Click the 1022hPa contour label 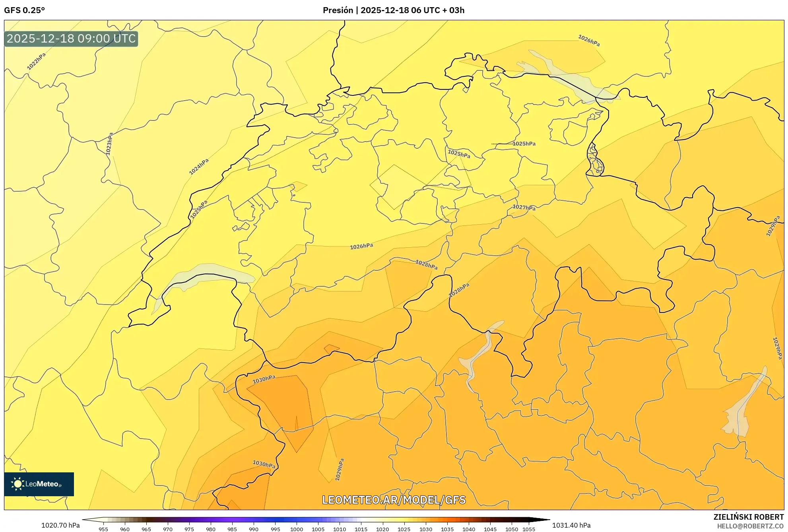(x=36, y=61)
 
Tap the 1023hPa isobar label (x=109, y=144)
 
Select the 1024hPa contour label (x=199, y=167)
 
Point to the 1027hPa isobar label (x=524, y=207)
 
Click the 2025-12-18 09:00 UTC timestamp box (x=71, y=39)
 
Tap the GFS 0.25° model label (x=24, y=10)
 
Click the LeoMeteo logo (x=39, y=484)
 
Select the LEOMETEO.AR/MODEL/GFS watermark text (x=394, y=500)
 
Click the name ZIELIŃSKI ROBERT (x=748, y=517)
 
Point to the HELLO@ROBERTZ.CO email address (x=750, y=526)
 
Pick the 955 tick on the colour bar (x=103, y=529)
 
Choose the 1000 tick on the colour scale (x=297, y=529)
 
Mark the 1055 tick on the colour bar (x=529, y=529)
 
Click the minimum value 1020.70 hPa (x=60, y=525)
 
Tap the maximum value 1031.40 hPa (x=571, y=525)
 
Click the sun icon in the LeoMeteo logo (x=17, y=484)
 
